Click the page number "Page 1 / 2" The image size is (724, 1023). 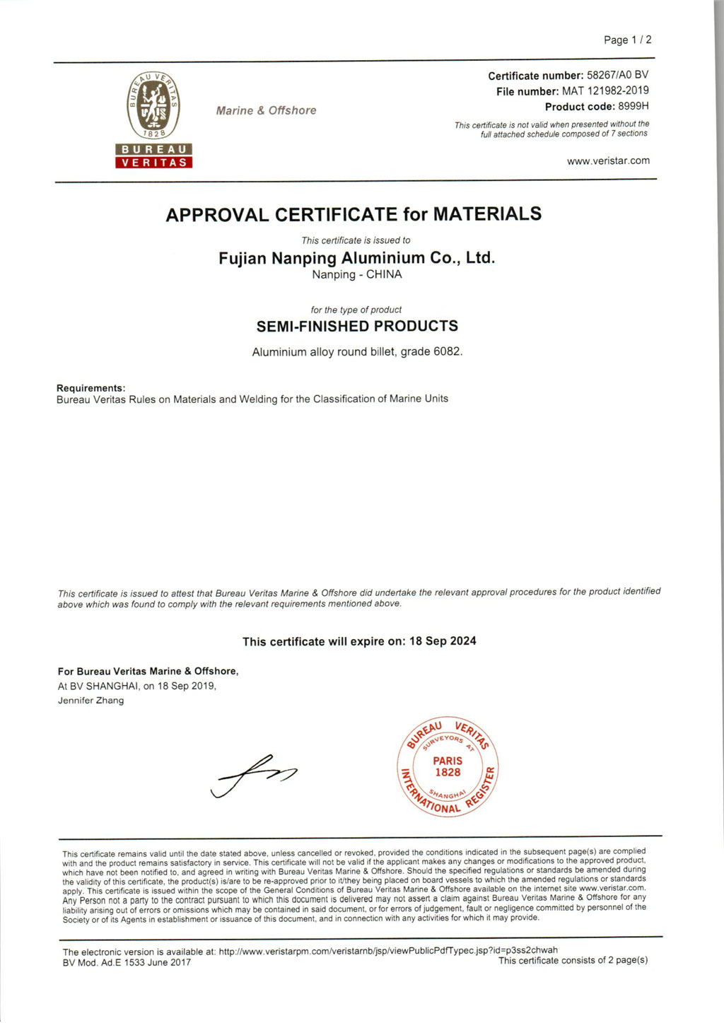pos(627,40)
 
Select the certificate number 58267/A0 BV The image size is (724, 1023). pos(617,75)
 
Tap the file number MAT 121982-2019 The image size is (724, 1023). pos(605,90)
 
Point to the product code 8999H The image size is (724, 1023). pos(633,106)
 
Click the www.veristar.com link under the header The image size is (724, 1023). pos(608,161)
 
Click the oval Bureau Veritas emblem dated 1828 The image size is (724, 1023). pos(153,106)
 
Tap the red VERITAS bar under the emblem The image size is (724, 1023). pos(154,163)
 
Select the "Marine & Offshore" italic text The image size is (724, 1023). pos(266,110)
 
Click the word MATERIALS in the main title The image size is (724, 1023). pos(487,214)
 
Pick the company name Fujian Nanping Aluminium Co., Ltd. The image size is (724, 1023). pos(356,258)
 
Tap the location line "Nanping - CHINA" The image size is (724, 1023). pos(356,274)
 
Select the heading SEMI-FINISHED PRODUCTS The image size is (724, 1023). pos(357,327)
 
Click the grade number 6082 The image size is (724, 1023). pos(447,351)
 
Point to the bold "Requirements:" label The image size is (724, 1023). pos(90,388)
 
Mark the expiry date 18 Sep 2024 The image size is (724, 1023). pos(443,641)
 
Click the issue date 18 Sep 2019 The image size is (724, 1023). pos(186,686)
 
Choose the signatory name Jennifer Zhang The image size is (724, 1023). pos(90,701)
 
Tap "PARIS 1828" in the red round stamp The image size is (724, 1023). pos(448,767)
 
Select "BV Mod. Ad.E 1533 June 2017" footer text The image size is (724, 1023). pos(127,962)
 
